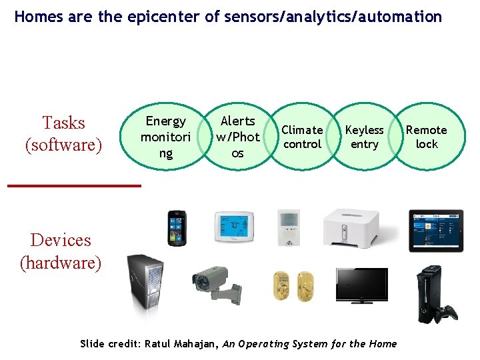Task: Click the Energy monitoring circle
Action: pos(165,137)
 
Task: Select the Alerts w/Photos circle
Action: pos(237,137)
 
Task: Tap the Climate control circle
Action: pos(302,137)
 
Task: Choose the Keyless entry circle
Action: pos(364,137)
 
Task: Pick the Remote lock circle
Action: pos(427,137)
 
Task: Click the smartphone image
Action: pos(177,228)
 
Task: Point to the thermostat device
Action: pos(233,227)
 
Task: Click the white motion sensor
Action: pos(289,227)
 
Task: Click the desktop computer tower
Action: pos(146,286)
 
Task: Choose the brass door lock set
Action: pos(293,286)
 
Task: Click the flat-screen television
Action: pos(361,286)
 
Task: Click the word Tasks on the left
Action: pos(63,123)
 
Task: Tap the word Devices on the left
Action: pos(61,240)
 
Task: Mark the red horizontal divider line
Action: pos(74,185)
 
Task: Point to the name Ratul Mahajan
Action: pos(179,344)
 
